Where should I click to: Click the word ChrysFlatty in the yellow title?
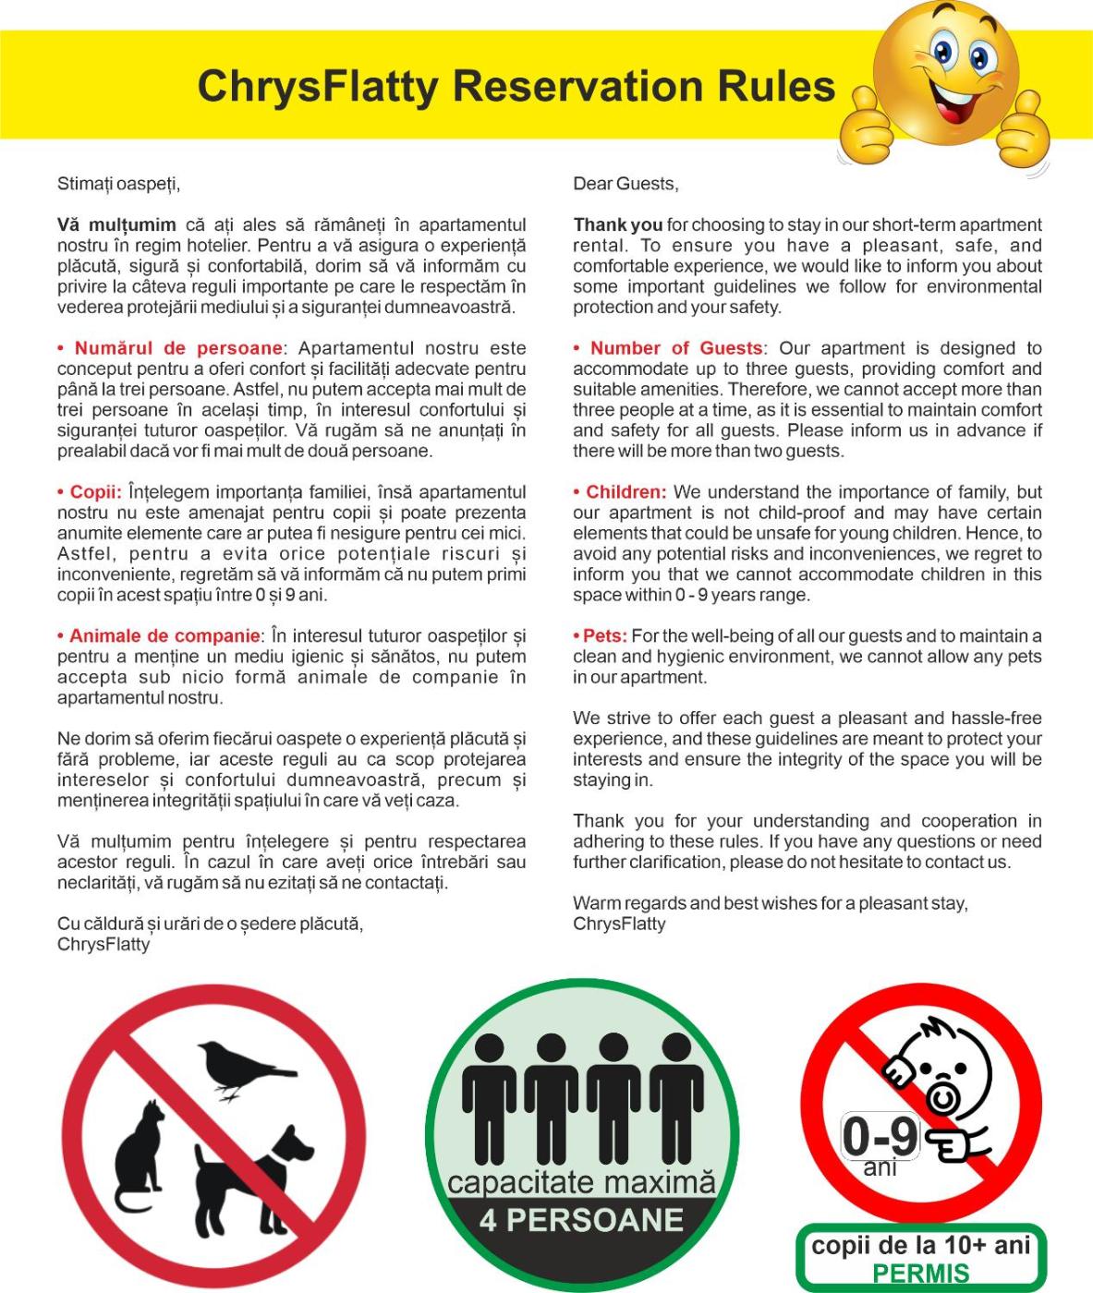(x=319, y=87)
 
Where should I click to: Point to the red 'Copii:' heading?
(x=95, y=492)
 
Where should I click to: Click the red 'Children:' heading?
(x=625, y=492)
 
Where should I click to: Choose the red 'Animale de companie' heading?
(x=164, y=636)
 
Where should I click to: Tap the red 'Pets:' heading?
(x=605, y=636)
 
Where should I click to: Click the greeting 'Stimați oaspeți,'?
(x=118, y=184)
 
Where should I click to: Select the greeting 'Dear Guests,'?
(x=625, y=184)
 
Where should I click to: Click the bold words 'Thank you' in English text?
(x=617, y=224)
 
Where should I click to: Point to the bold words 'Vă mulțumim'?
(x=116, y=224)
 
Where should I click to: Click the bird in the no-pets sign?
(x=242, y=1068)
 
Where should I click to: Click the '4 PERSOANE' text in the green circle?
(x=581, y=1220)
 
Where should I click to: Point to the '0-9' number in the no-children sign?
(x=880, y=1136)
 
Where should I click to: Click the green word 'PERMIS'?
(x=920, y=1274)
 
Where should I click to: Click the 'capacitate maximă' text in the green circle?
(x=581, y=1183)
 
